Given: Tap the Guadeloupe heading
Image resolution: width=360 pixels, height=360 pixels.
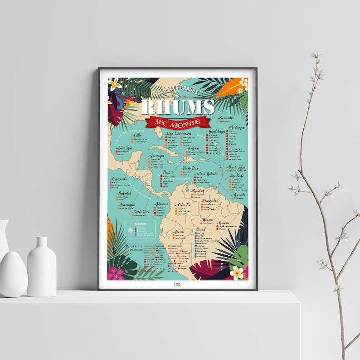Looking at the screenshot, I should (x=217, y=131).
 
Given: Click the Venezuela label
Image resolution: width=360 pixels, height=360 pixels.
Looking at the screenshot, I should (x=209, y=201).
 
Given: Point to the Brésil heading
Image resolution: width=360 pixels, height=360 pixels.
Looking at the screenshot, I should (x=200, y=230).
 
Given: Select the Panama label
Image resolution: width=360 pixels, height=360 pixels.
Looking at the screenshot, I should (x=162, y=204).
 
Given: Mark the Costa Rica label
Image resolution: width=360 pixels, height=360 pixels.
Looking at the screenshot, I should (x=141, y=212).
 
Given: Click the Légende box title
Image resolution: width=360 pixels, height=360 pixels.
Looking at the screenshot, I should (x=139, y=224).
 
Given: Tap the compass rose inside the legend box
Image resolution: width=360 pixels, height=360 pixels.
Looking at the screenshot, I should (x=131, y=230).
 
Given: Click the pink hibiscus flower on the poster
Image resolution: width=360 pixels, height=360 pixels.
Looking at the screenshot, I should (x=117, y=273).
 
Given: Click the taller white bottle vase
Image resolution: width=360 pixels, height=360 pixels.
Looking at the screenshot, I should (x=41, y=265).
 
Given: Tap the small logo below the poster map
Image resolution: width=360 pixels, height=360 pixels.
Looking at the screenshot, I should (x=178, y=285).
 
